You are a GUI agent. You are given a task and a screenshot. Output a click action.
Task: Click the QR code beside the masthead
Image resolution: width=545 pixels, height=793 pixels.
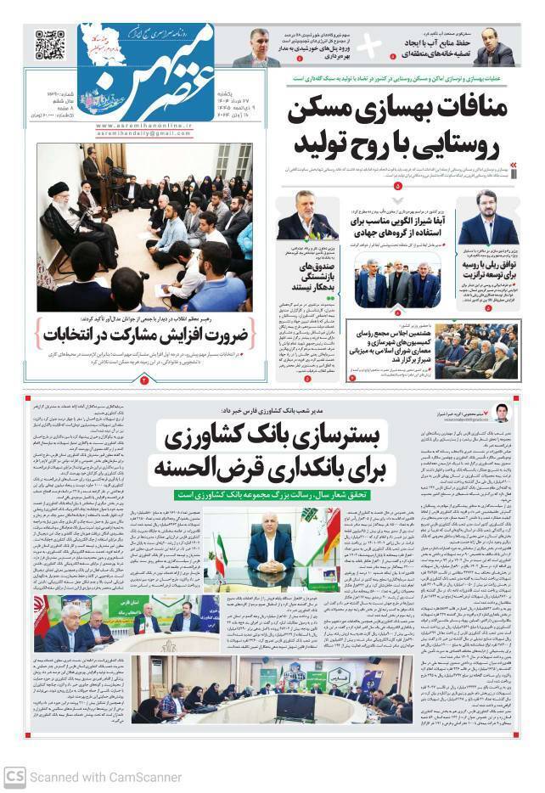coord(49,44)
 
